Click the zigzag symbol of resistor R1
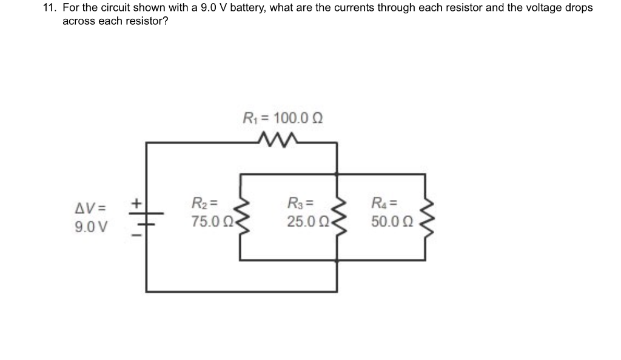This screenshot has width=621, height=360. tap(277, 141)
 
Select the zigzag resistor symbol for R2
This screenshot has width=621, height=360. tap(241, 217)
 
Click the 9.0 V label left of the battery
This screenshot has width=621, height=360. tap(90, 228)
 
